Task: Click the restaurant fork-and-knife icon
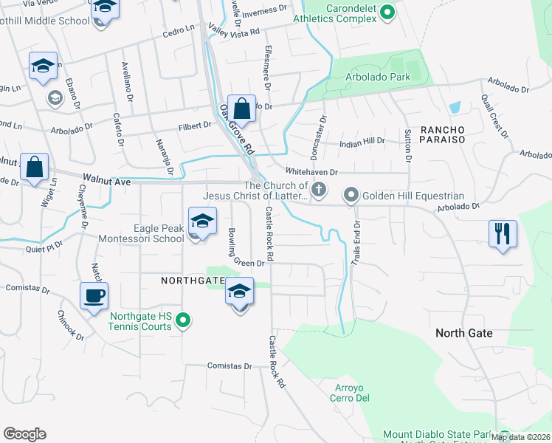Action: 503,234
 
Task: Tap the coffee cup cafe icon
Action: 94,296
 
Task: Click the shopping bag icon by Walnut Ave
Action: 34,167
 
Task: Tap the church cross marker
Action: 319,190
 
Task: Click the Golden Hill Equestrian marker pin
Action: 351,196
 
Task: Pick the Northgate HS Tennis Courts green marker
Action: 184,320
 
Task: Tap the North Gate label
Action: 463,333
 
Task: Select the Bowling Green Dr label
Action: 241,252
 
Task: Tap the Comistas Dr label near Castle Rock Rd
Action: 230,365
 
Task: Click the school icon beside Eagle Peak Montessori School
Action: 202,221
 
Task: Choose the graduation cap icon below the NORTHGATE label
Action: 239,292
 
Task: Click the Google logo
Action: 24,434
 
